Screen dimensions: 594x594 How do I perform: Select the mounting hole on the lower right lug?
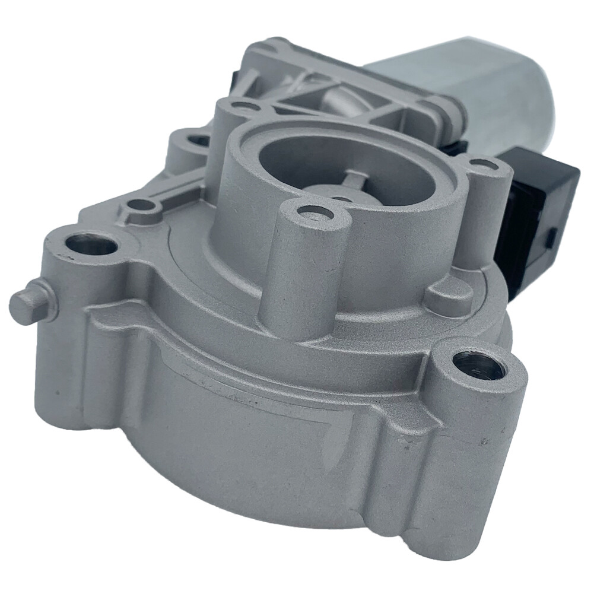pyautogui.click(x=479, y=364)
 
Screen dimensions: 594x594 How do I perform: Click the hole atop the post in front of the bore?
pyautogui.click(x=314, y=212)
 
